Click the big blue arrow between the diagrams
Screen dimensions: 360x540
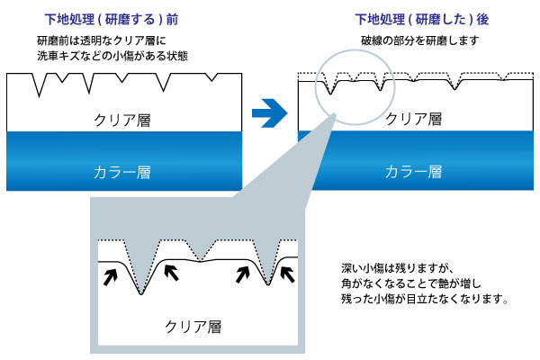(x=269, y=114)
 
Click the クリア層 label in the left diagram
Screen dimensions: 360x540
(x=123, y=118)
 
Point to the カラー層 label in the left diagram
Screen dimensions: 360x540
(x=123, y=169)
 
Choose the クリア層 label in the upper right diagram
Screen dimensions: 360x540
(x=414, y=118)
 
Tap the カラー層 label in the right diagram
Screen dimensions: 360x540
(x=414, y=169)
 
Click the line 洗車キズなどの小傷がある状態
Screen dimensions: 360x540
(x=112, y=57)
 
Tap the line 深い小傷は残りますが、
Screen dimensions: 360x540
(x=388, y=268)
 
